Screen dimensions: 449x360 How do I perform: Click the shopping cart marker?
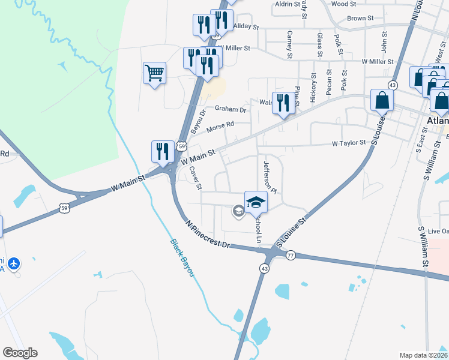[154, 73]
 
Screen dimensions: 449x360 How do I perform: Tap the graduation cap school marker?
[256, 202]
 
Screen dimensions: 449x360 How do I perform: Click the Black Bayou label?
[182, 258]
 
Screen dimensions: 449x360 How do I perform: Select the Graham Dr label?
[231, 110]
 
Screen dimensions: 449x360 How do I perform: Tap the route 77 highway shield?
[291, 255]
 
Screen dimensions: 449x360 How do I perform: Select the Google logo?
[20, 352]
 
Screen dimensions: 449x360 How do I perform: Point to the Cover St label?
[195, 178]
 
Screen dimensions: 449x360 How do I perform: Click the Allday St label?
[246, 27]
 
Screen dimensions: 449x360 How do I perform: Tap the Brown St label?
[360, 19]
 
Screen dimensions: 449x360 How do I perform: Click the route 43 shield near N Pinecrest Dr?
[264, 268]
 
